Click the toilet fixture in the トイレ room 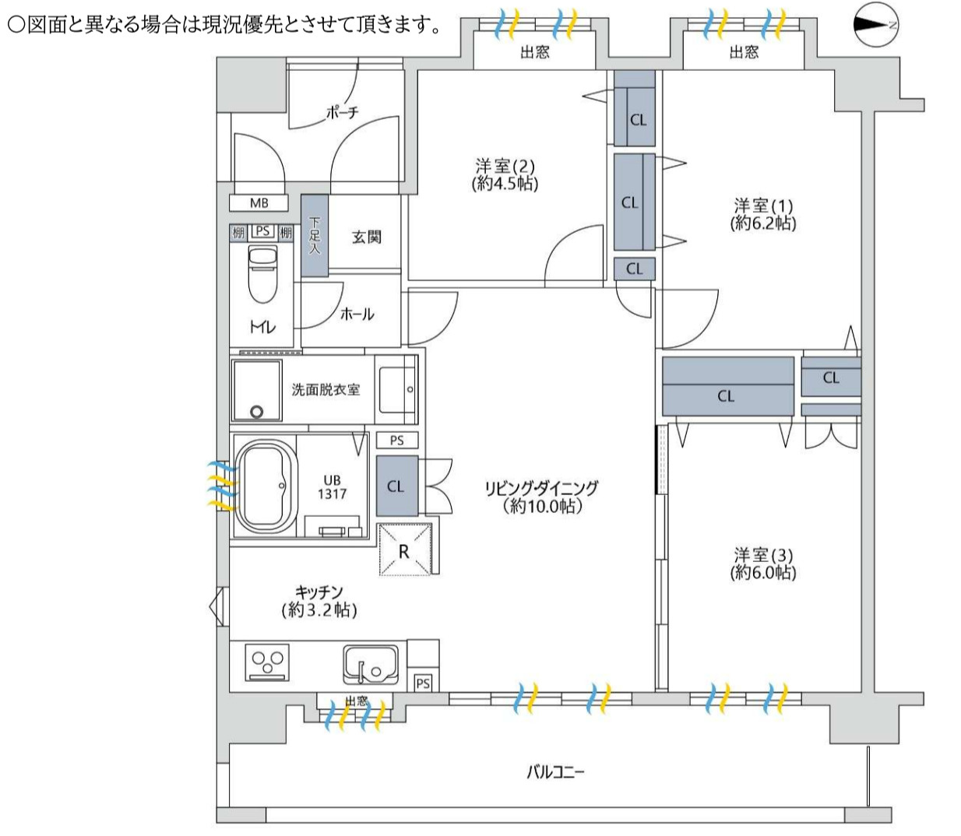tap(262, 274)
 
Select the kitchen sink tap(371, 664)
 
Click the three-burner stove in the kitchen tap(268, 662)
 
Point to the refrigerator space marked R tap(404, 550)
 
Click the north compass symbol tap(876, 25)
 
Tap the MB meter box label tap(259, 203)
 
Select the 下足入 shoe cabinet tap(315, 236)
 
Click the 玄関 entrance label tap(366, 237)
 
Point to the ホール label tap(357, 314)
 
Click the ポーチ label tap(343, 113)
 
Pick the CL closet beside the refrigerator tap(396, 486)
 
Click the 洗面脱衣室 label tap(326, 389)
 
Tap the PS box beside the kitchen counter tap(422, 683)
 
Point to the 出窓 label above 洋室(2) tap(534, 53)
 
